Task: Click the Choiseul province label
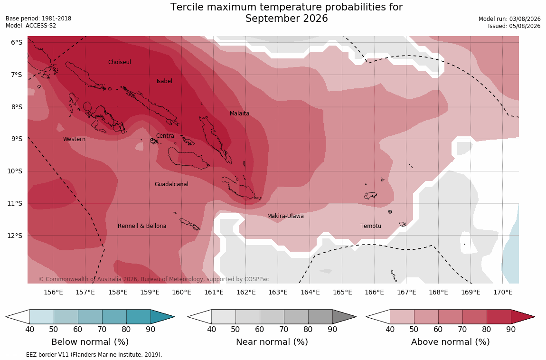[x=120, y=62]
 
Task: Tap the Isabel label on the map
[x=164, y=81]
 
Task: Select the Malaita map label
[x=240, y=113]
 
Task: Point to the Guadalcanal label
[x=171, y=184]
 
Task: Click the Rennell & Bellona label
[x=142, y=226]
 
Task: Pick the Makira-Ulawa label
[x=285, y=216]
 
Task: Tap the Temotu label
[x=370, y=226]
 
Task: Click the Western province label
[x=74, y=139]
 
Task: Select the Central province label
[x=166, y=136]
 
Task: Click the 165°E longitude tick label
[x=342, y=292]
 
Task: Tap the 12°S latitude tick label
[x=15, y=236]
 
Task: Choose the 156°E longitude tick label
[x=53, y=292]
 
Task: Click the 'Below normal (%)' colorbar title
[x=90, y=342]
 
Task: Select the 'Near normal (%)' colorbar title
[x=272, y=342]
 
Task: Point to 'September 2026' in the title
[x=287, y=19]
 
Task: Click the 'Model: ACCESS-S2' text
[x=31, y=26]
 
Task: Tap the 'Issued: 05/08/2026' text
[x=514, y=26]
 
